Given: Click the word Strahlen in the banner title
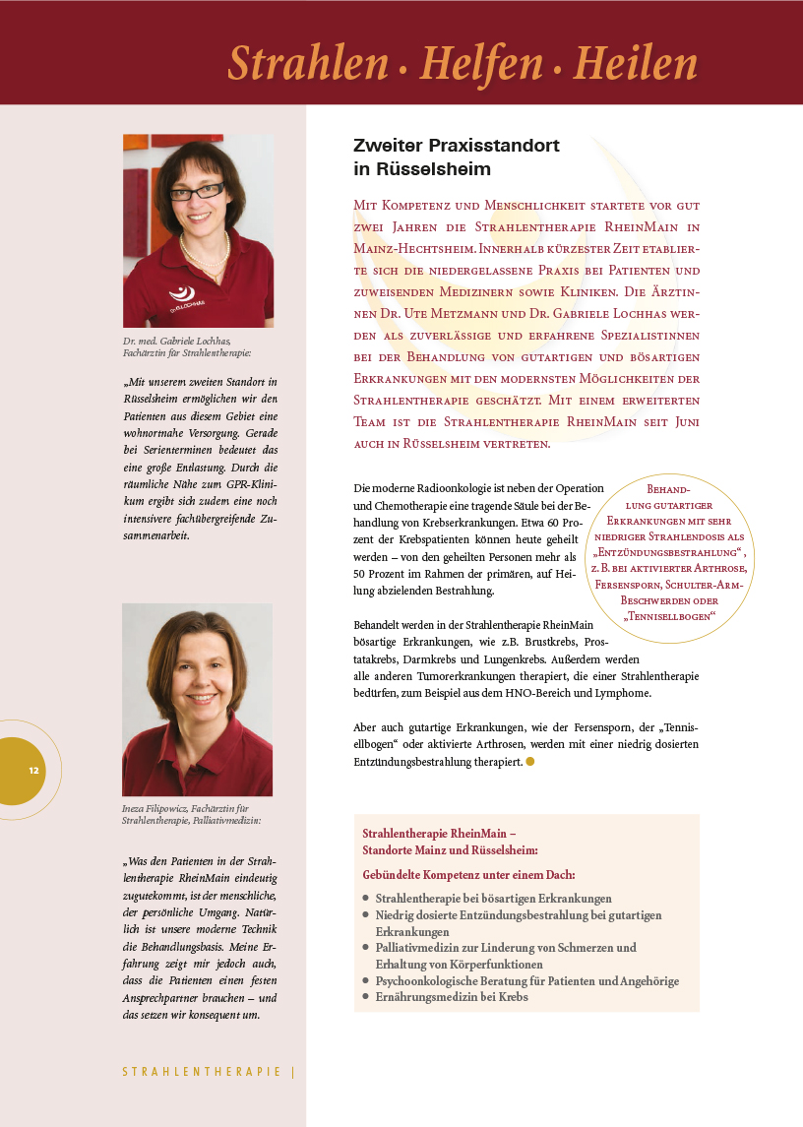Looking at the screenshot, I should tap(308, 64).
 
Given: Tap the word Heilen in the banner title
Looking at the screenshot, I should tap(635, 64).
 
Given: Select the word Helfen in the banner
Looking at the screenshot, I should tap(481, 64).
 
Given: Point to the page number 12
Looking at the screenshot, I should tap(33, 770).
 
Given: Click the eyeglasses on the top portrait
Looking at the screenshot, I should tap(197, 191).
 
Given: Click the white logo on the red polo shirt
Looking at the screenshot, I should tap(182, 292).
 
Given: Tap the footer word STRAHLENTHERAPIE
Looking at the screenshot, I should tap(201, 1072).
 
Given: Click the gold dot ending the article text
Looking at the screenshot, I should tap(530, 761).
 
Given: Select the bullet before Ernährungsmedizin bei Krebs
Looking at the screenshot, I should tap(365, 997).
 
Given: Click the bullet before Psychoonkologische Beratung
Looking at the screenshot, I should tap(365, 981).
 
